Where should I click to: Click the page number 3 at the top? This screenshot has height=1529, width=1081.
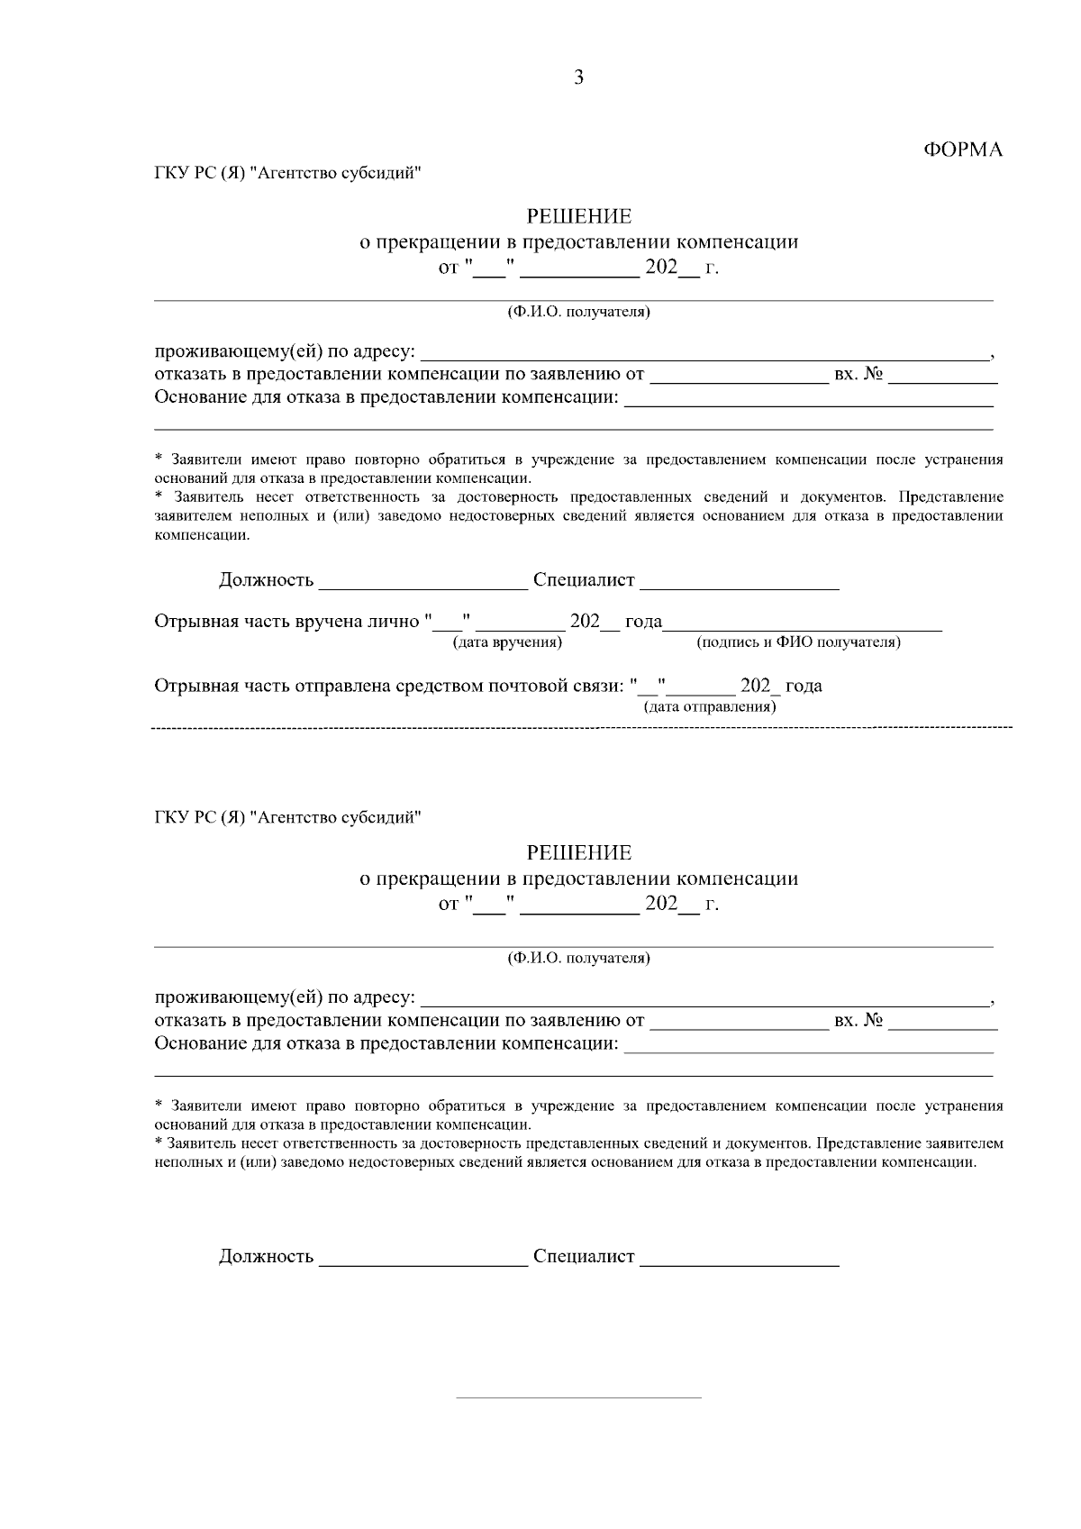578,78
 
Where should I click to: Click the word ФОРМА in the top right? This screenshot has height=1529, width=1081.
963,150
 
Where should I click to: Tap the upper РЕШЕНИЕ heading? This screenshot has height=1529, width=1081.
578,217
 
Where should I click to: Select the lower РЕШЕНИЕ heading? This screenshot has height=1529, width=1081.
578,852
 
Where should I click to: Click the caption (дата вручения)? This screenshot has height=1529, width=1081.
507,642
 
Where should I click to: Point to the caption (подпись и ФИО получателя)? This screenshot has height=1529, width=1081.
798,642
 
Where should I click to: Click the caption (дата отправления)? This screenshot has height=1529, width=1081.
710,706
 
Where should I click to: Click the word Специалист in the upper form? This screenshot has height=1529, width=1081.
584,580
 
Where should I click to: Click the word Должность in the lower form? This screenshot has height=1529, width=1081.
266,1256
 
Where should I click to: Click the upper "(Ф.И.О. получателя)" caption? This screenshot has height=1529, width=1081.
578,313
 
